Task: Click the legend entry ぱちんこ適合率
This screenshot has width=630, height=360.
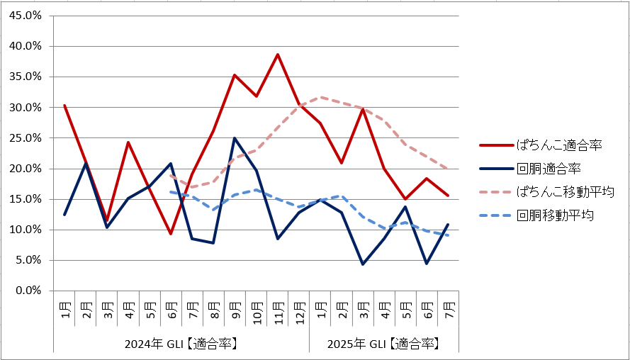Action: coord(560,145)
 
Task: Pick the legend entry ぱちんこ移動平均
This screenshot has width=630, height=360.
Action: coord(565,192)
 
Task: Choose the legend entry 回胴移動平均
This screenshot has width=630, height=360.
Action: coord(555,215)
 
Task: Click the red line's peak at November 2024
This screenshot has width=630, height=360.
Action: coord(278,55)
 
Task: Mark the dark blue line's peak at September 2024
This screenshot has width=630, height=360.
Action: coord(235,138)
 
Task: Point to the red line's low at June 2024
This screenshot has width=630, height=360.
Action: coord(170,233)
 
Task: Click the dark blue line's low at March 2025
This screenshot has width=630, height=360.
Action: coord(364,264)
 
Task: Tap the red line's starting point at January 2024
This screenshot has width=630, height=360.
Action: coord(64,106)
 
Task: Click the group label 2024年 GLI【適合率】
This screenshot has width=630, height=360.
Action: coord(181,344)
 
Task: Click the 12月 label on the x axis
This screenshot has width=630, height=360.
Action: coord(300,309)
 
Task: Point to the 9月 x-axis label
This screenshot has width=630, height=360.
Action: coord(235,310)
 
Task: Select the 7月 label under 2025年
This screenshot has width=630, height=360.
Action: coord(449,310)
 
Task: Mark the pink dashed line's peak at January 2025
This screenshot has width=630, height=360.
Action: coord(321,97)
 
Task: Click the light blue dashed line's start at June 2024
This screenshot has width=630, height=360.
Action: coord(170,191)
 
